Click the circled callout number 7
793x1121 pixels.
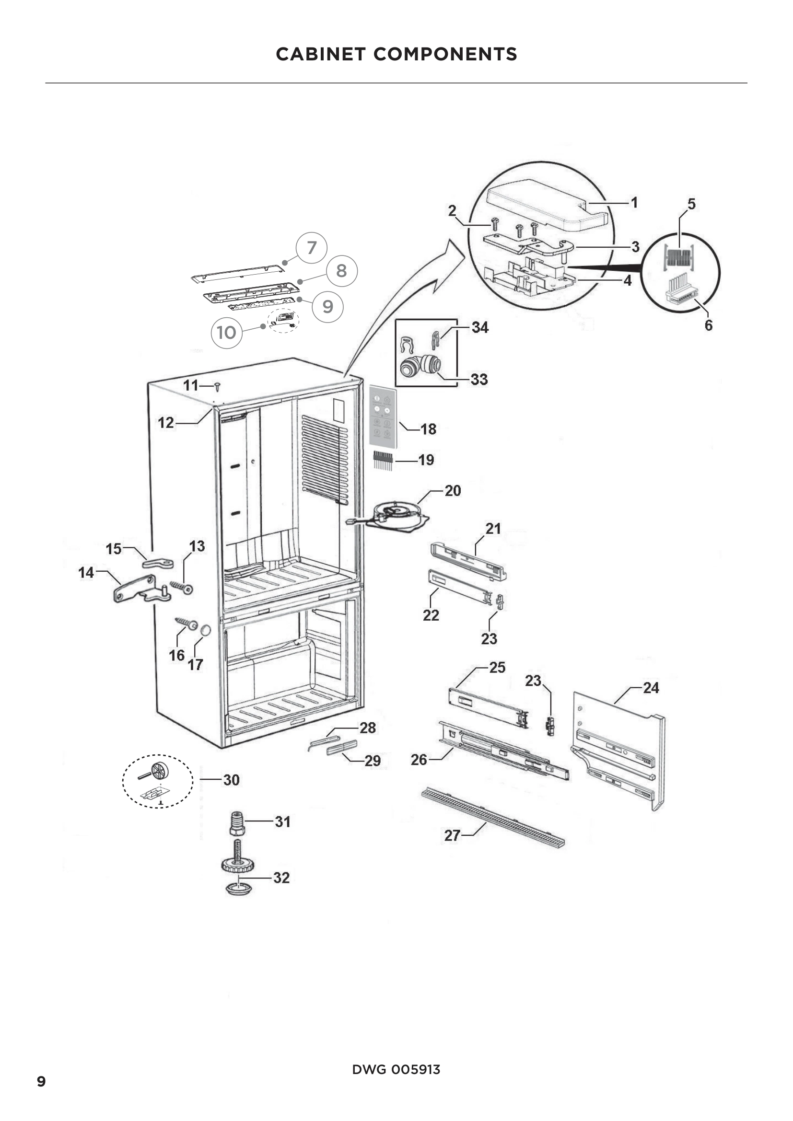[312, 247]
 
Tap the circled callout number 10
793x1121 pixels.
[227, 333]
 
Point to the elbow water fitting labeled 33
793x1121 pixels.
[420, 366]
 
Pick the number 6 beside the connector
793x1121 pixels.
[708, 325]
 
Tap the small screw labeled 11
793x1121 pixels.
[217, 387]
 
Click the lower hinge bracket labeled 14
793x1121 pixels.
[139, 590]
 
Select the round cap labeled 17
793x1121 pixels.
[206, 630]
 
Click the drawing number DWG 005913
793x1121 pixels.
[396, 1069]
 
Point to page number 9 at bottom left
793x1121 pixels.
[42, 1081]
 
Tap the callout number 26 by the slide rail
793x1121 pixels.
[419, 759]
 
